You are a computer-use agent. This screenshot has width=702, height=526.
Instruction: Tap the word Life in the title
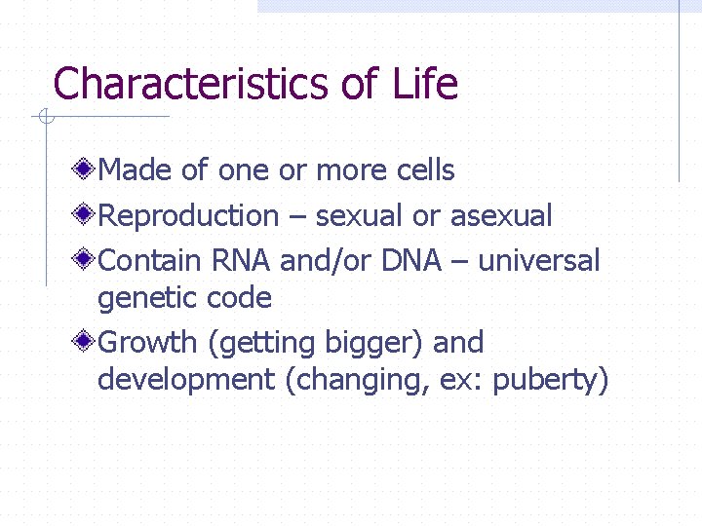click(x=425, y=85)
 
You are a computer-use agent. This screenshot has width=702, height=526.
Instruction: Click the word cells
click(x=426, y=171)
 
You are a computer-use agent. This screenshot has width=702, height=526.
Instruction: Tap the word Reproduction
click(x=189, y=216)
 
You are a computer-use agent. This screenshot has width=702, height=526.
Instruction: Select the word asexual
click(x=501, y=216)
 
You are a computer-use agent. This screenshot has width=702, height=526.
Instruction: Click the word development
click(x=186, y=381)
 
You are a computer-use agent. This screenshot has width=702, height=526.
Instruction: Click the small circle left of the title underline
click(x=42, y=117)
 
